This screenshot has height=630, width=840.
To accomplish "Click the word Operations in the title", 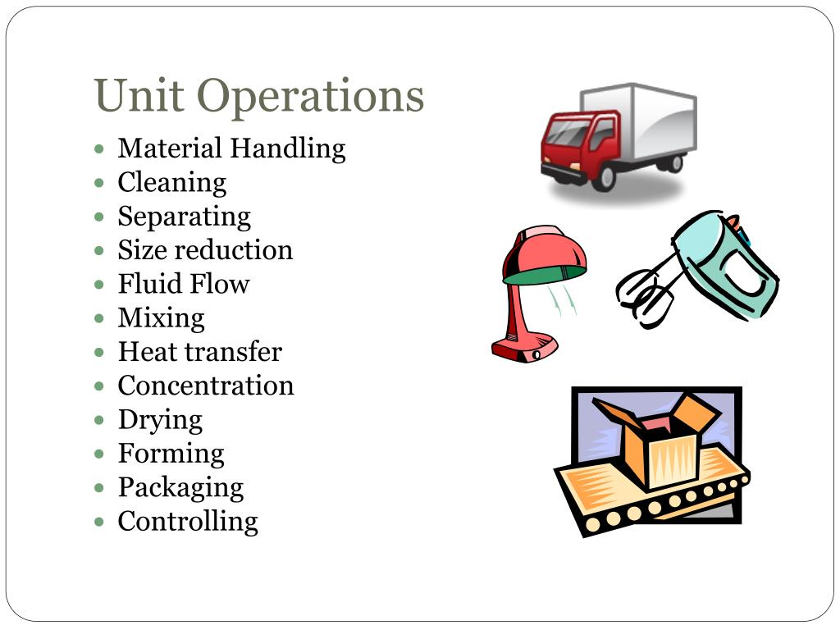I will [x=311, y=97].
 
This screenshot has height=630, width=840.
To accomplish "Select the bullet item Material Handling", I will [x=231, y=148].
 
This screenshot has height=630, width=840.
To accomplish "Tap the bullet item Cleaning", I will [x=171, y=182].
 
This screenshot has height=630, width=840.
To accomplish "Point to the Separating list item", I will [x=184, y=217].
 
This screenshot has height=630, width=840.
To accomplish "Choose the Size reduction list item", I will [x=205, y=249].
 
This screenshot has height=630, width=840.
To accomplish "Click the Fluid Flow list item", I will [x=183, y=284].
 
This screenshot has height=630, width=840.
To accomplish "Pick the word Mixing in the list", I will [x=161, y=317].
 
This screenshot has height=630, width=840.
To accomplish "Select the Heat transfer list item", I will [x=199, y=352].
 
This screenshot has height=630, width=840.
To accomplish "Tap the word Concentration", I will [x=205, y=386].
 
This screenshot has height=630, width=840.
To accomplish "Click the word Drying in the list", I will [x=160, y=420].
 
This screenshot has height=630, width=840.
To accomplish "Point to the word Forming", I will [x=171, y=453].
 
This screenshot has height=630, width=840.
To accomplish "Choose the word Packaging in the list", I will [x=180, y=487].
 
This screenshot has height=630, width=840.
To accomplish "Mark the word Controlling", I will [x=188, y=521].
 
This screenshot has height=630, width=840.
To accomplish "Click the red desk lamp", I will [x=537, y=287].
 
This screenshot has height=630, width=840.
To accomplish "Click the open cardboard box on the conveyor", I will [x=656, y=439].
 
